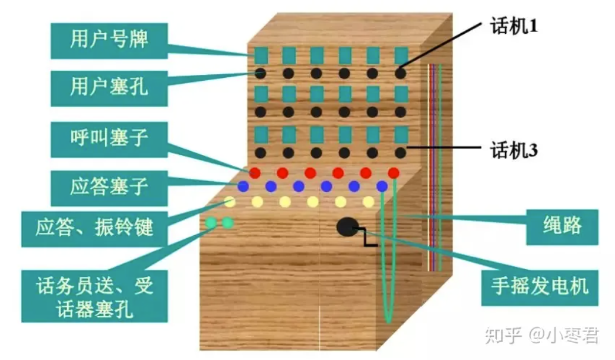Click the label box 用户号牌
109,40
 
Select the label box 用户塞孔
109,88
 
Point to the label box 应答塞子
109,187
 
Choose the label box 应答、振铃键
95,228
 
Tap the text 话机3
513,150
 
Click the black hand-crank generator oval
347,226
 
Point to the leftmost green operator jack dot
211,223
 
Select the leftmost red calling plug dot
255,173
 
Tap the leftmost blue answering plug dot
243,187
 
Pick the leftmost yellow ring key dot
230,201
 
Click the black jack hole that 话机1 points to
401,73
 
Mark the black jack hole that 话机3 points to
401,152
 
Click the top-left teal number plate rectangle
261,55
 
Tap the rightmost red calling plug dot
394,173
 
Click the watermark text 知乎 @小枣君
541,336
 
